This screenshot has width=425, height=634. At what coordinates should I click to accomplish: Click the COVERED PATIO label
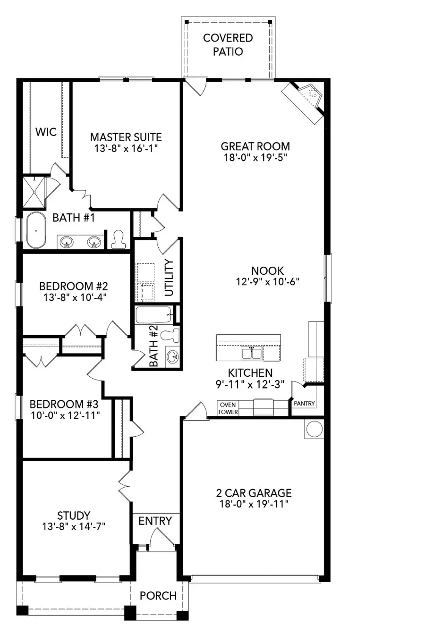[x=228, y=44]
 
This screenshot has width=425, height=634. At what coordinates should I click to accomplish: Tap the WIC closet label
[x=46, y=132]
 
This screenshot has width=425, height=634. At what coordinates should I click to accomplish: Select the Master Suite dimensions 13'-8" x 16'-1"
[x=126, y=148]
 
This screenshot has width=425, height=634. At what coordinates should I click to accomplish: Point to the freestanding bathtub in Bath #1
[x=35, y=230]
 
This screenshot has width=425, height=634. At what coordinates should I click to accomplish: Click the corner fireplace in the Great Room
[x=306, y=98]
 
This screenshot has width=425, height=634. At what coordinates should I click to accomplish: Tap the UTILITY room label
[x=169, y=278]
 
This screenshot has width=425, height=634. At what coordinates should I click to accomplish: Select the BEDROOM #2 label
[x=73, y=286]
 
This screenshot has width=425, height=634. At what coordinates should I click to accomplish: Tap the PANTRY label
[x=304, y=404]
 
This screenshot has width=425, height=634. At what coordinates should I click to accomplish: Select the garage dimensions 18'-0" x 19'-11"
[x=254, y=504]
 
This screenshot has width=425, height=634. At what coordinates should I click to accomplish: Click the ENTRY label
[x=155, y=521]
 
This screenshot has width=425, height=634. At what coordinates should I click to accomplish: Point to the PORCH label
[x=158, y=596]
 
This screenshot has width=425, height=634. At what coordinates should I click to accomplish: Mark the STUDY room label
[x=73, y=516]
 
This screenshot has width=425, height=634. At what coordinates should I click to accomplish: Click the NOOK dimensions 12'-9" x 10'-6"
[x=267, y=282]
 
